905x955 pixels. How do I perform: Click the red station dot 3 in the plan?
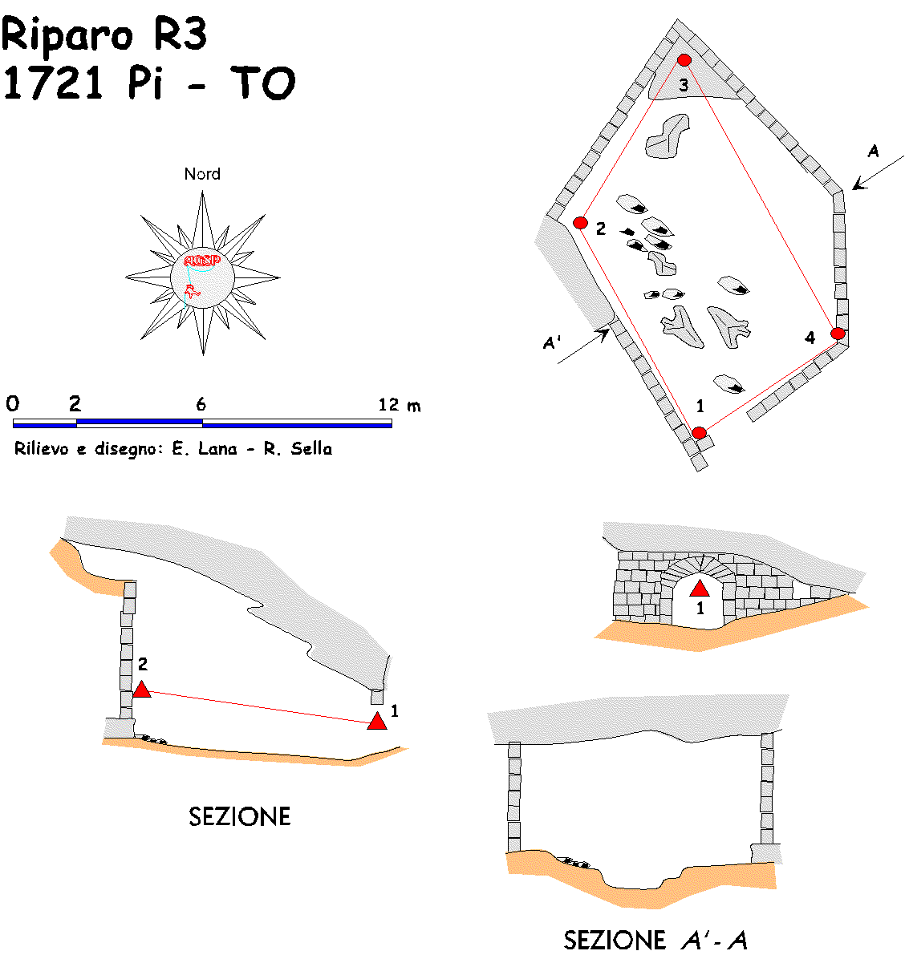684,59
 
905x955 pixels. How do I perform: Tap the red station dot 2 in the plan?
580,223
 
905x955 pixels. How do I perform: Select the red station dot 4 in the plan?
838,333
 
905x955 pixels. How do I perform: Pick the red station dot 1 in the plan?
699,432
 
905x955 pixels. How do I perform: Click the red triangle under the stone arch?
700,589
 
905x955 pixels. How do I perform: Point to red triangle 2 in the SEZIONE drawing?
142,690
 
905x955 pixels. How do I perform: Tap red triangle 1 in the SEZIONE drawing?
377,721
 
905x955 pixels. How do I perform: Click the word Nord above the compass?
202,174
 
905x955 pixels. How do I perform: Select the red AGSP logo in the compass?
201,261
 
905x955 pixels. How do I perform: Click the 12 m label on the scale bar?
400,405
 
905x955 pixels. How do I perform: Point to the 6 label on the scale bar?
201,404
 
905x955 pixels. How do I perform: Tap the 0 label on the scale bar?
13,403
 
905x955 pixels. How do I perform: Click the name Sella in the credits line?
311,449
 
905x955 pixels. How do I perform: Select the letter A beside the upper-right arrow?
874,151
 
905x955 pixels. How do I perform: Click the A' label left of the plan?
551,343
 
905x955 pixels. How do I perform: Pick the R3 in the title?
180,34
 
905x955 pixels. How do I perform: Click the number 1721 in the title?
52,83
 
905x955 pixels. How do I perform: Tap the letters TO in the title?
263,83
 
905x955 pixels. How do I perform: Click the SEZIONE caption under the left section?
240,817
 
